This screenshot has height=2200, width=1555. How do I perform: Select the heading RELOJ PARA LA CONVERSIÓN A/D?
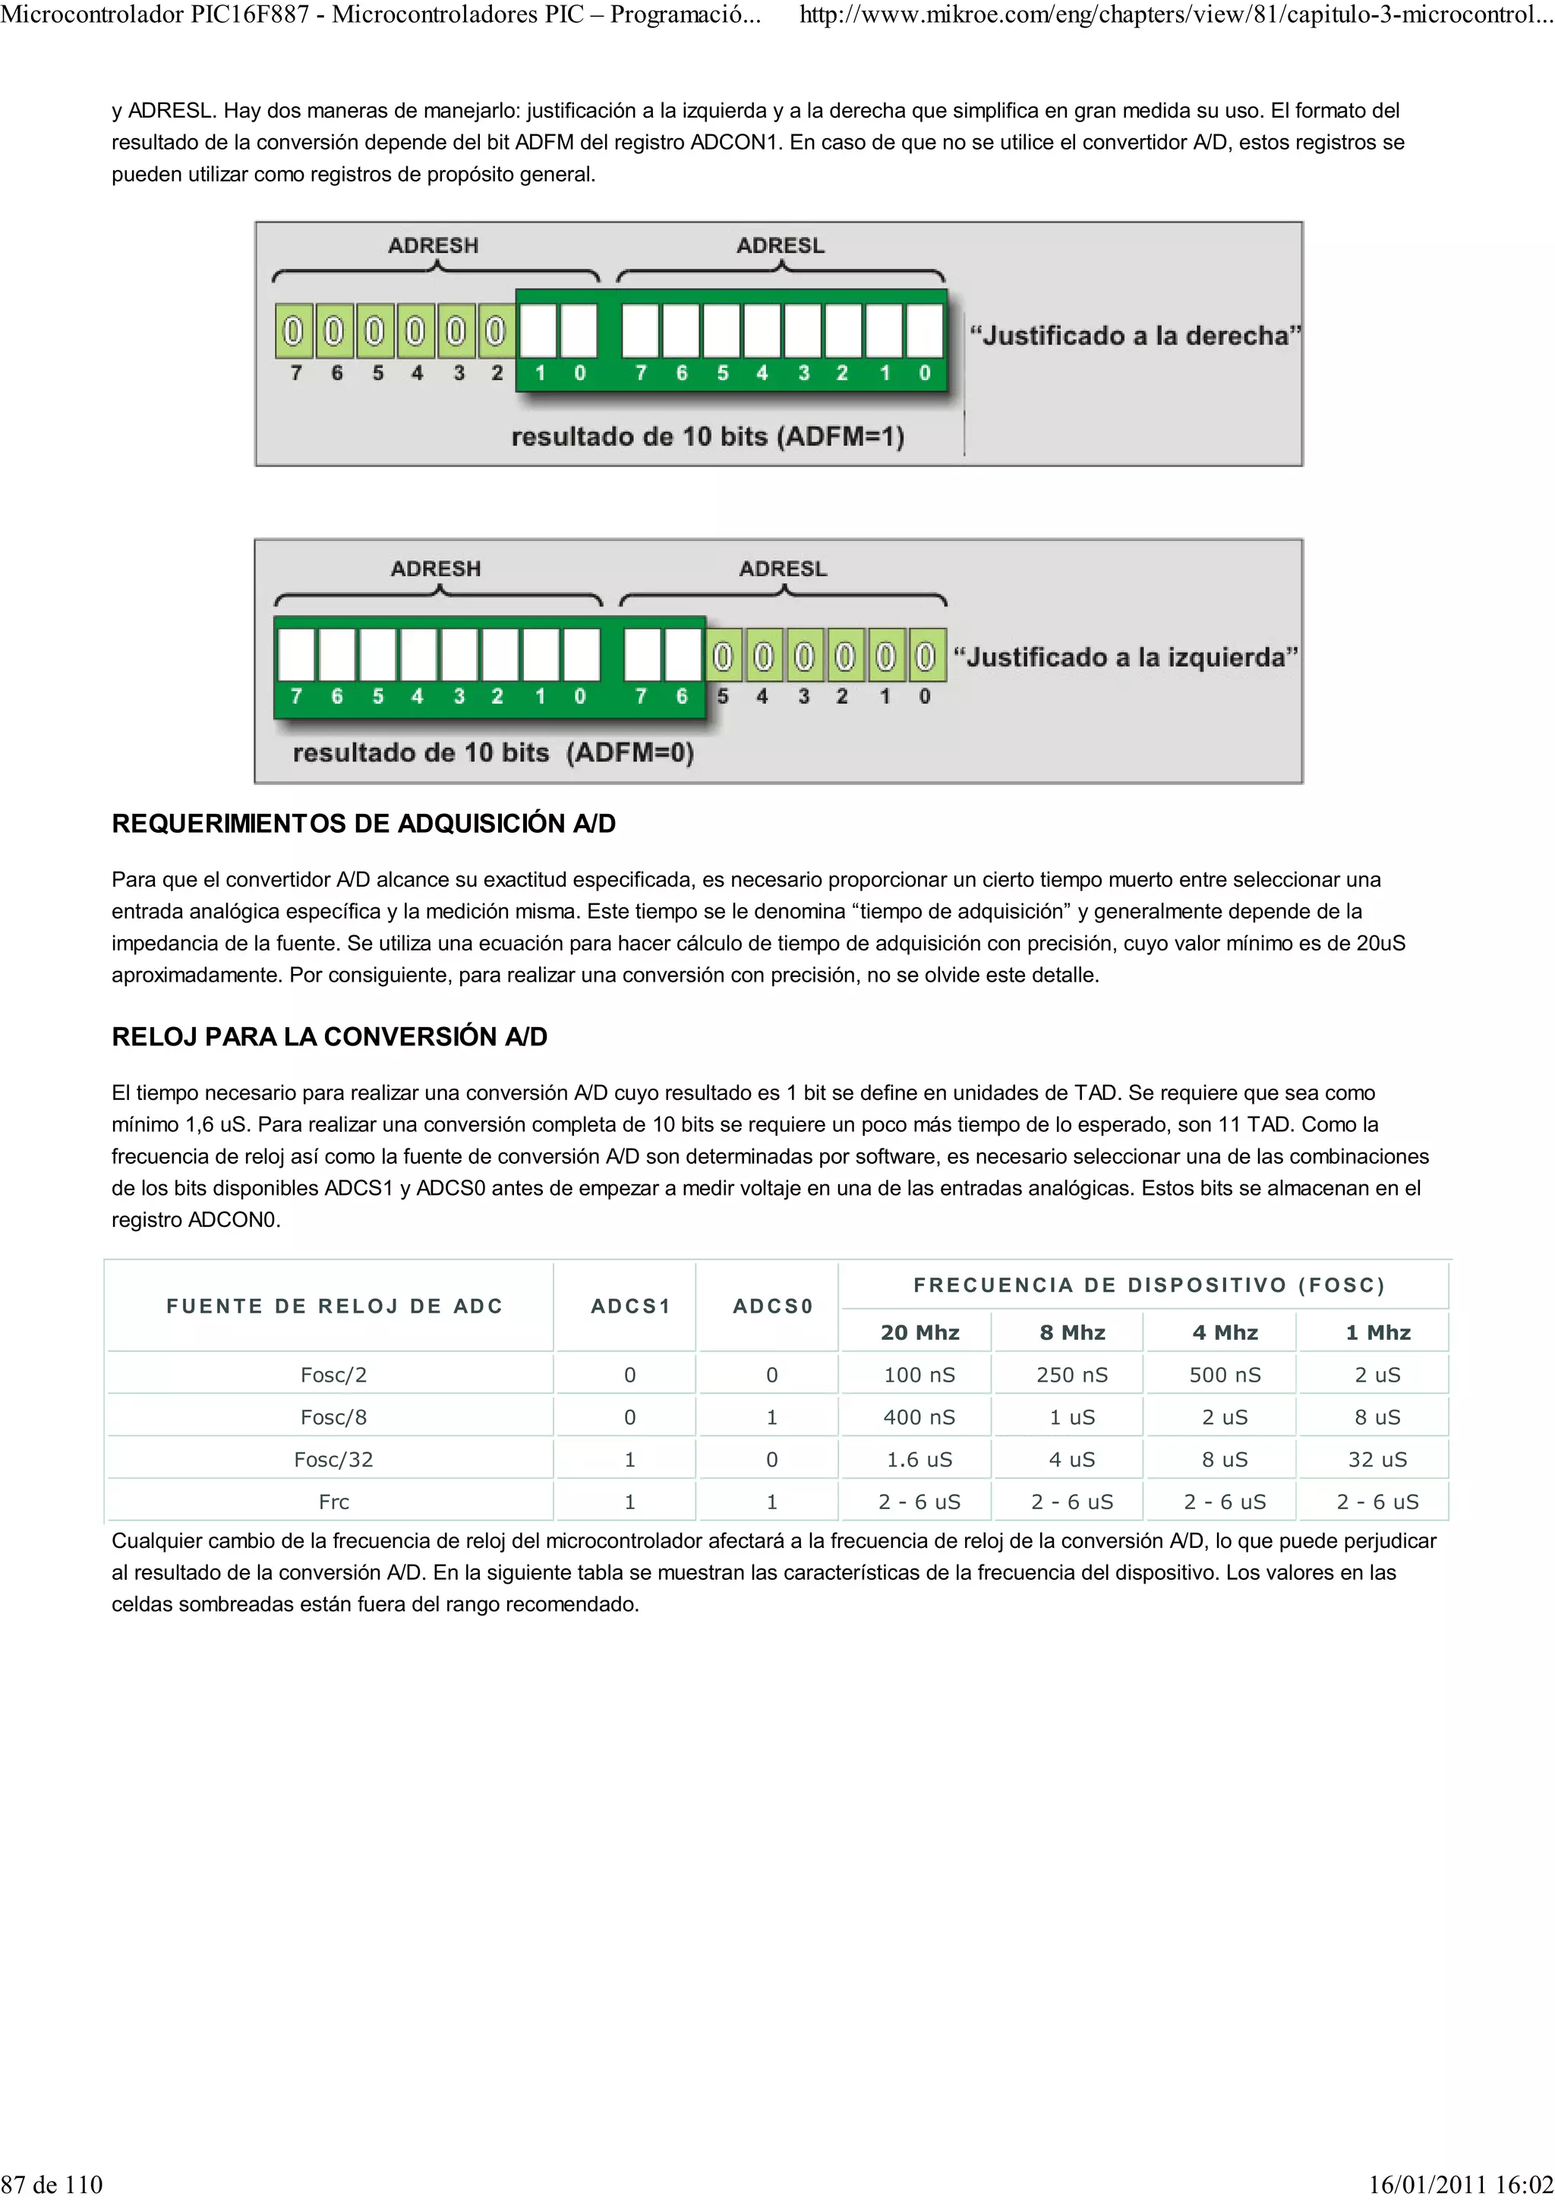[329, 1037]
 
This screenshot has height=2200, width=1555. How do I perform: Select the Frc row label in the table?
[333, 1502]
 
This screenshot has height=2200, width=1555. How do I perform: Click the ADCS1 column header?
[629, 1306]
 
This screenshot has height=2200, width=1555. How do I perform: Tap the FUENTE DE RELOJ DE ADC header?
[333, 1306]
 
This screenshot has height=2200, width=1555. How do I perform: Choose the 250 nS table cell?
[1071, 1375]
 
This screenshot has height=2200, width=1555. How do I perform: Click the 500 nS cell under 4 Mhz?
[1223, 1375]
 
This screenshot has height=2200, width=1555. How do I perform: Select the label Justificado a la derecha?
[1134, 336]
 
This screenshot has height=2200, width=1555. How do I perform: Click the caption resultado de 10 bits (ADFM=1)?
[707, 437]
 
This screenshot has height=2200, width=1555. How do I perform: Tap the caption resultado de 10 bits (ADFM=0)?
[493, 752]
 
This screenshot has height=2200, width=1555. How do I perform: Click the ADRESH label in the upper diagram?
[432, 245]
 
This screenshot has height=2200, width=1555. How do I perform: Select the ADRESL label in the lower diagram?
[782, 568]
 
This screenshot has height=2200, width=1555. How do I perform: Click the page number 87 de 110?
[52, 2184]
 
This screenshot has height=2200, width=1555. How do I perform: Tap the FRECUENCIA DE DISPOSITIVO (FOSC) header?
[1148, 1285]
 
